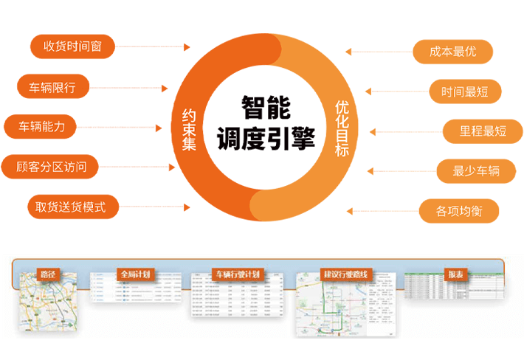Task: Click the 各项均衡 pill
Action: [x=459, y=211]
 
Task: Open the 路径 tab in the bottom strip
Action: [x=47, y=274]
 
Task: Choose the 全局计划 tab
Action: [x=134, y=274]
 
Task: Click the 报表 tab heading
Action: [x=456, y=274]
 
